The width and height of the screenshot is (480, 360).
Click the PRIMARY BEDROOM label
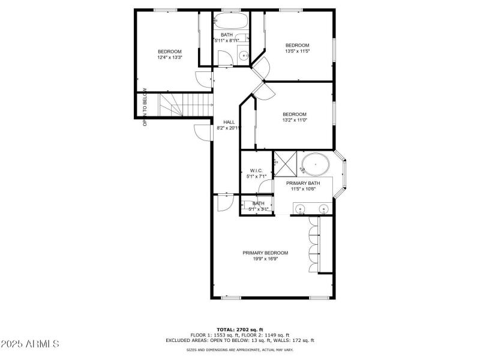click(x=265, y=253)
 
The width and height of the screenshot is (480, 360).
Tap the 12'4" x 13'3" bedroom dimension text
click(x=170, y=58)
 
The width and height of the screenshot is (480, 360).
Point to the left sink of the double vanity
click(x=300, y=209)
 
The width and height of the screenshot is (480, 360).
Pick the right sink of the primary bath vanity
click(x=323, y=209)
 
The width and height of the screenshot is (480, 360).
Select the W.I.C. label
click(x=257, y=170)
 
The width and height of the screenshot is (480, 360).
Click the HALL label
click(x=229, y=122)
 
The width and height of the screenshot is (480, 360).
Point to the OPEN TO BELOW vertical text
click(x=145, y=108)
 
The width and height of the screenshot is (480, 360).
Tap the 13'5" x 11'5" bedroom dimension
click(x=297, y=52)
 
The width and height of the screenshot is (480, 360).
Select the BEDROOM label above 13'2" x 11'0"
click(x=295, y=114)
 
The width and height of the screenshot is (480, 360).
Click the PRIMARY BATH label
click(x=303, y=182)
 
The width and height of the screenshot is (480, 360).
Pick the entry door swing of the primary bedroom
click(x=223, y=203)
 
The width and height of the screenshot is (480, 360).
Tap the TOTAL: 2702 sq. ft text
click(x=240, y=330)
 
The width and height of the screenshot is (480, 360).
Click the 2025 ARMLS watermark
click(x=30, y=344)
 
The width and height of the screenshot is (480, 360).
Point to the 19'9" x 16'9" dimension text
click(x=265, y=260)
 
